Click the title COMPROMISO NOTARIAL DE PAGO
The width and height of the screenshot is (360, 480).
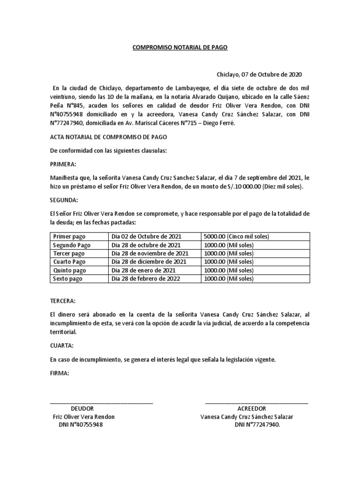coord(180,47)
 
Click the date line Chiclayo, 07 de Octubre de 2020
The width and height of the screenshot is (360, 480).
coord(259,74)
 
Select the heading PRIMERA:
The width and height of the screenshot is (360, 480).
coord(63,165)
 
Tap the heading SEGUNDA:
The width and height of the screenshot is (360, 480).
coord(64,200)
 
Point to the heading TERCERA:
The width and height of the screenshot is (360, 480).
coord(62,300)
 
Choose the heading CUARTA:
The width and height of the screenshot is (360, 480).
coord(61,346)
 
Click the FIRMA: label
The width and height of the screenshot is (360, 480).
coord(60,373)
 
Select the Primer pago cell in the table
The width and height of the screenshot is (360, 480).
coord(69,237)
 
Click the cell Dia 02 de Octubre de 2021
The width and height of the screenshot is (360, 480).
coord(146,237)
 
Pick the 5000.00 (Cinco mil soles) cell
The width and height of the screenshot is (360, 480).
coord(236,237)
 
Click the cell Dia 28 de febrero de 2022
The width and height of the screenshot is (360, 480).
coord(146,279)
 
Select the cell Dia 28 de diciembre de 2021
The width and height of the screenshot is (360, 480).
coord(149,262)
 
